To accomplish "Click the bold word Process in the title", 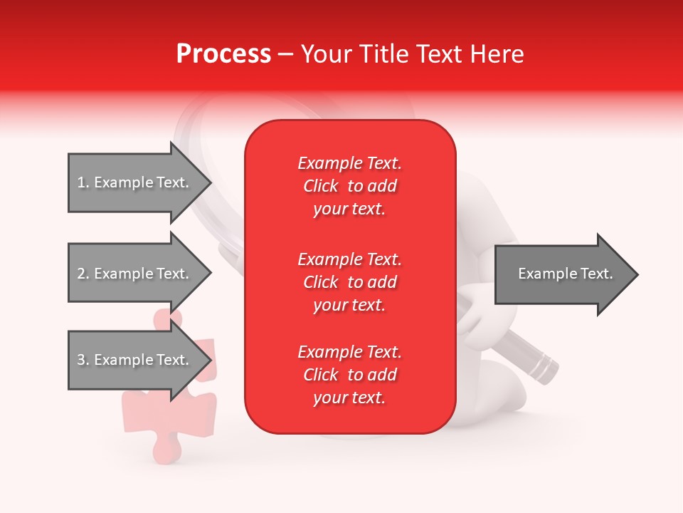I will (x=223, y=54).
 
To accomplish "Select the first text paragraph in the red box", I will (x=349, y=186).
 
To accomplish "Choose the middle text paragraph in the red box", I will (x=349, y=282).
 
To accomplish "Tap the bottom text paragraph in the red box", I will (x=349, y=375).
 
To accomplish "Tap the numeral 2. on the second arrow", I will (x=83, y=274).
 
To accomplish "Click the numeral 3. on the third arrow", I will (x=83, y=360).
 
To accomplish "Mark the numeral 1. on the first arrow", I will (x=83, y=183).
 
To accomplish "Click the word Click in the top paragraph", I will (x=320, y=186).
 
